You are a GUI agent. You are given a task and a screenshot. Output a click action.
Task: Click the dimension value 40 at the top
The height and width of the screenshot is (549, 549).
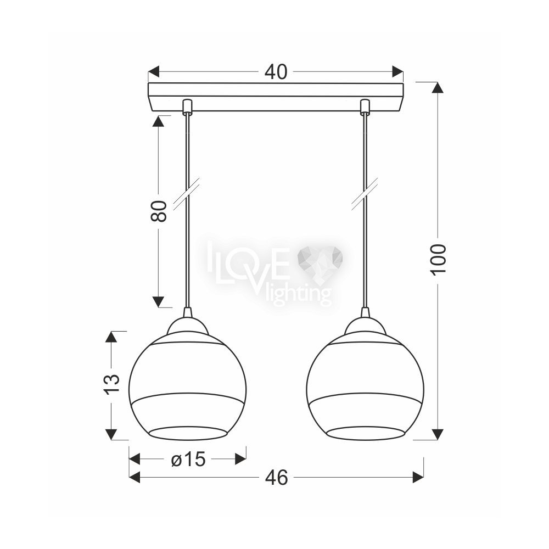coord(276,72)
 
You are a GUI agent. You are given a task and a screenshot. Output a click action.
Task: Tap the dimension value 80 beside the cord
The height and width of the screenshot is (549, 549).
coord(159,211)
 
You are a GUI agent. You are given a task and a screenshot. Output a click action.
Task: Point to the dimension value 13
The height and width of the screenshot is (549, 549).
coord(112,384)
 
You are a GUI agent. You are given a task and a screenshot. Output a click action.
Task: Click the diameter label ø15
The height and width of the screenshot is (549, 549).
coord(188,459)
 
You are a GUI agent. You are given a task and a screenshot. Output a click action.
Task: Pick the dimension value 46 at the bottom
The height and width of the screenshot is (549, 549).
coord(276,477)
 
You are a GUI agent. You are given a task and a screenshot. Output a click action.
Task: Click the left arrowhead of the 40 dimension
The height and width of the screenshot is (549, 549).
coord(154,71)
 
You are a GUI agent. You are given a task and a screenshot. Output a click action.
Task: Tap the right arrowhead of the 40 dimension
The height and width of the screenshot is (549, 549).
coord(397,71)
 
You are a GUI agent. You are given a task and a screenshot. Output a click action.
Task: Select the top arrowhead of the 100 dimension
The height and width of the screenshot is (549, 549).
coord(438,87)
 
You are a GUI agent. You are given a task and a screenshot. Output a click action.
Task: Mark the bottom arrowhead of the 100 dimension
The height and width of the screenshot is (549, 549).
coord(438,434)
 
